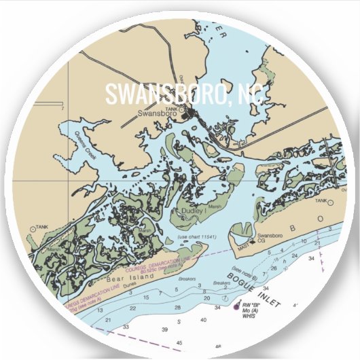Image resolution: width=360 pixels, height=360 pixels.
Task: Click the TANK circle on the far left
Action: pos(33,228)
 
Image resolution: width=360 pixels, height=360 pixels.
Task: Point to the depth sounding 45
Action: pos(179,343)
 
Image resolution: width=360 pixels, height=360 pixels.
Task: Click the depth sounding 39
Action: pos(164,329)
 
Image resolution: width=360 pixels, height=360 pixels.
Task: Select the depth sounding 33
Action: pos(126,327)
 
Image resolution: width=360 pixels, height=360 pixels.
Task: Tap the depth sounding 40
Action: pos(203,320)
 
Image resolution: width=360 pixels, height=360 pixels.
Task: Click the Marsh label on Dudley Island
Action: pos(215,208)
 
